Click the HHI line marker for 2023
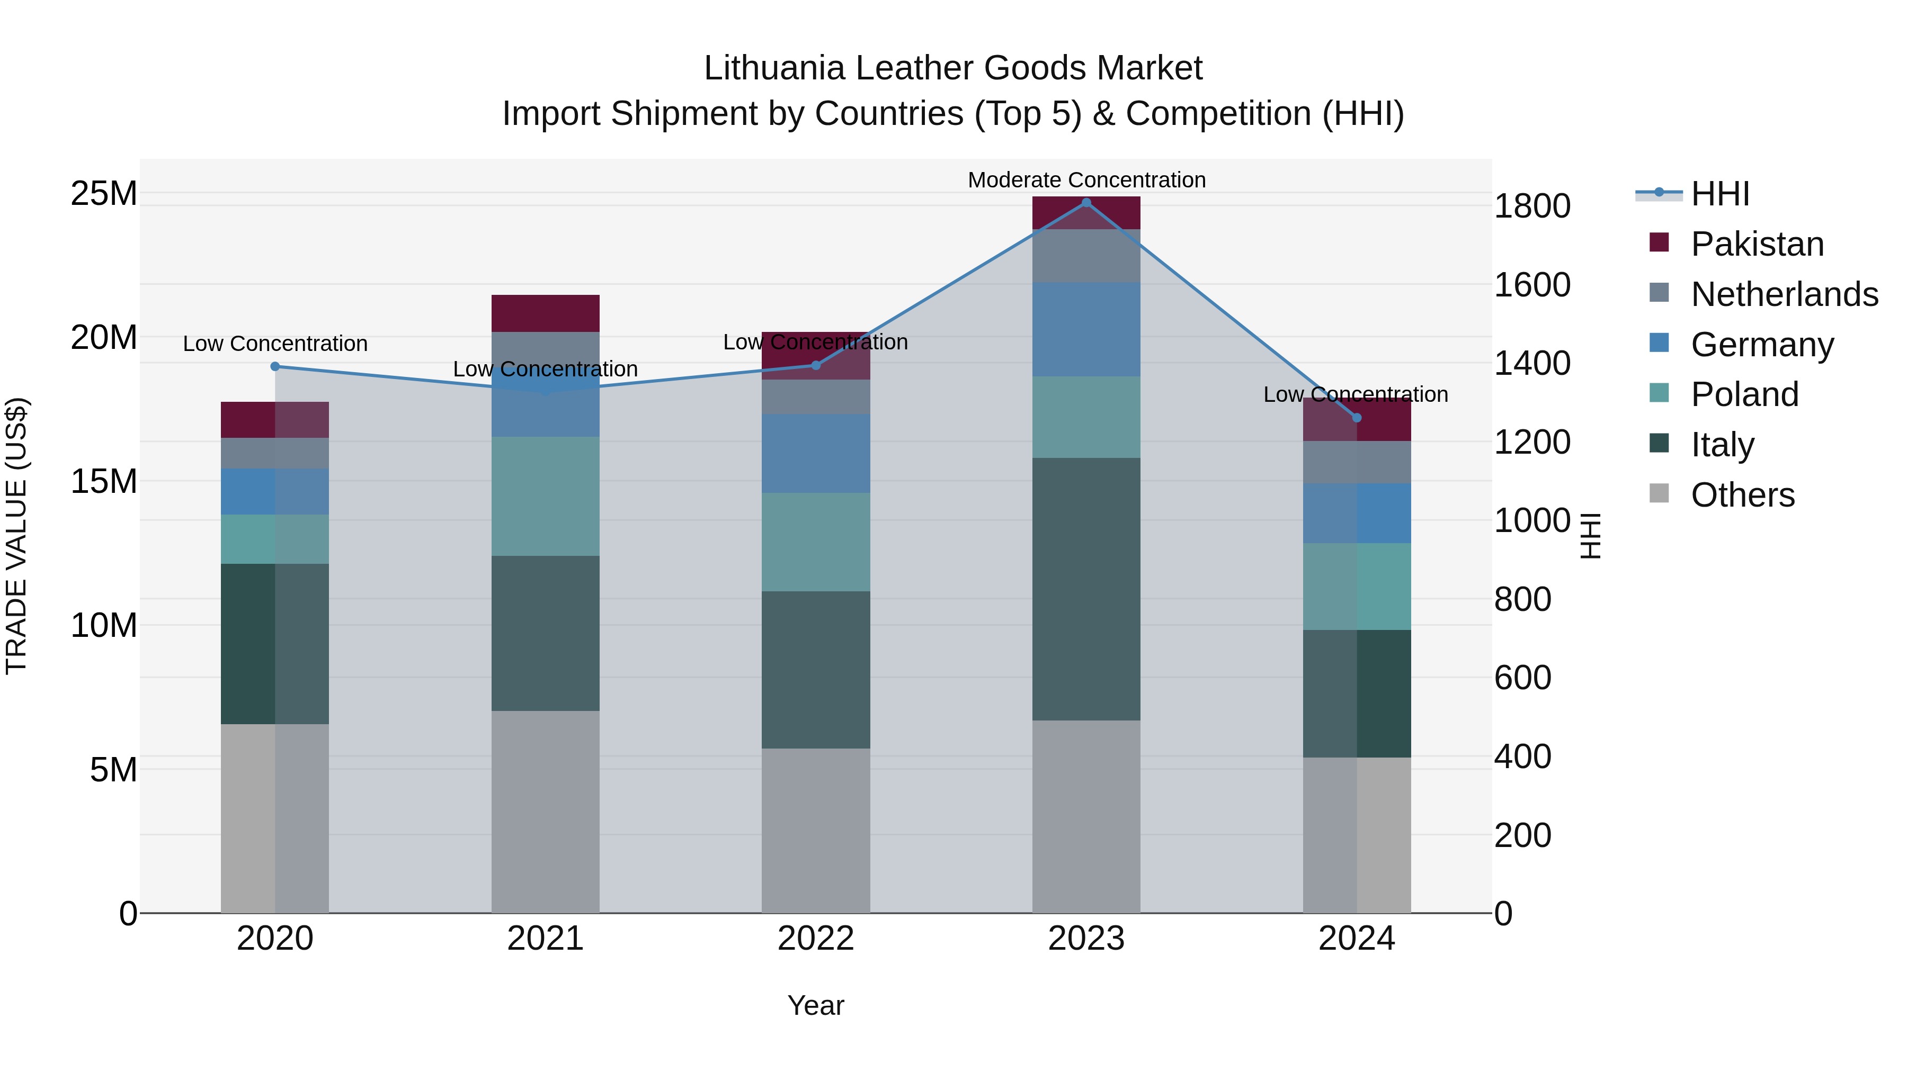(x=1086, y=203)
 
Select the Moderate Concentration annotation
(x=1086, y=180)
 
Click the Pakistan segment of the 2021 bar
(x=545, y=313)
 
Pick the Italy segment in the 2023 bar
(x=1086, y=588)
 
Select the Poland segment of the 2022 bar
(x=815, y=542)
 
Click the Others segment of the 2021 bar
(x=545, y=811)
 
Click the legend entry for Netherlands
(x=1784, y=294)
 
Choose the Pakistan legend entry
(x=1757, y=244)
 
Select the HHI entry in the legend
(x=1719, y=194)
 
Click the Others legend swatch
(x=1659, y=493)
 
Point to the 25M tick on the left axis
(x=104, y=193)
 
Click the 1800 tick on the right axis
(x=1531, y=206)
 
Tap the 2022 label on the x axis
(x=815, y=939)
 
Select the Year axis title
(x=815, y=1005)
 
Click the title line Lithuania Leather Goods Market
(x=953, y=68)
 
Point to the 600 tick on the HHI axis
(x=1522, y=678)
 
